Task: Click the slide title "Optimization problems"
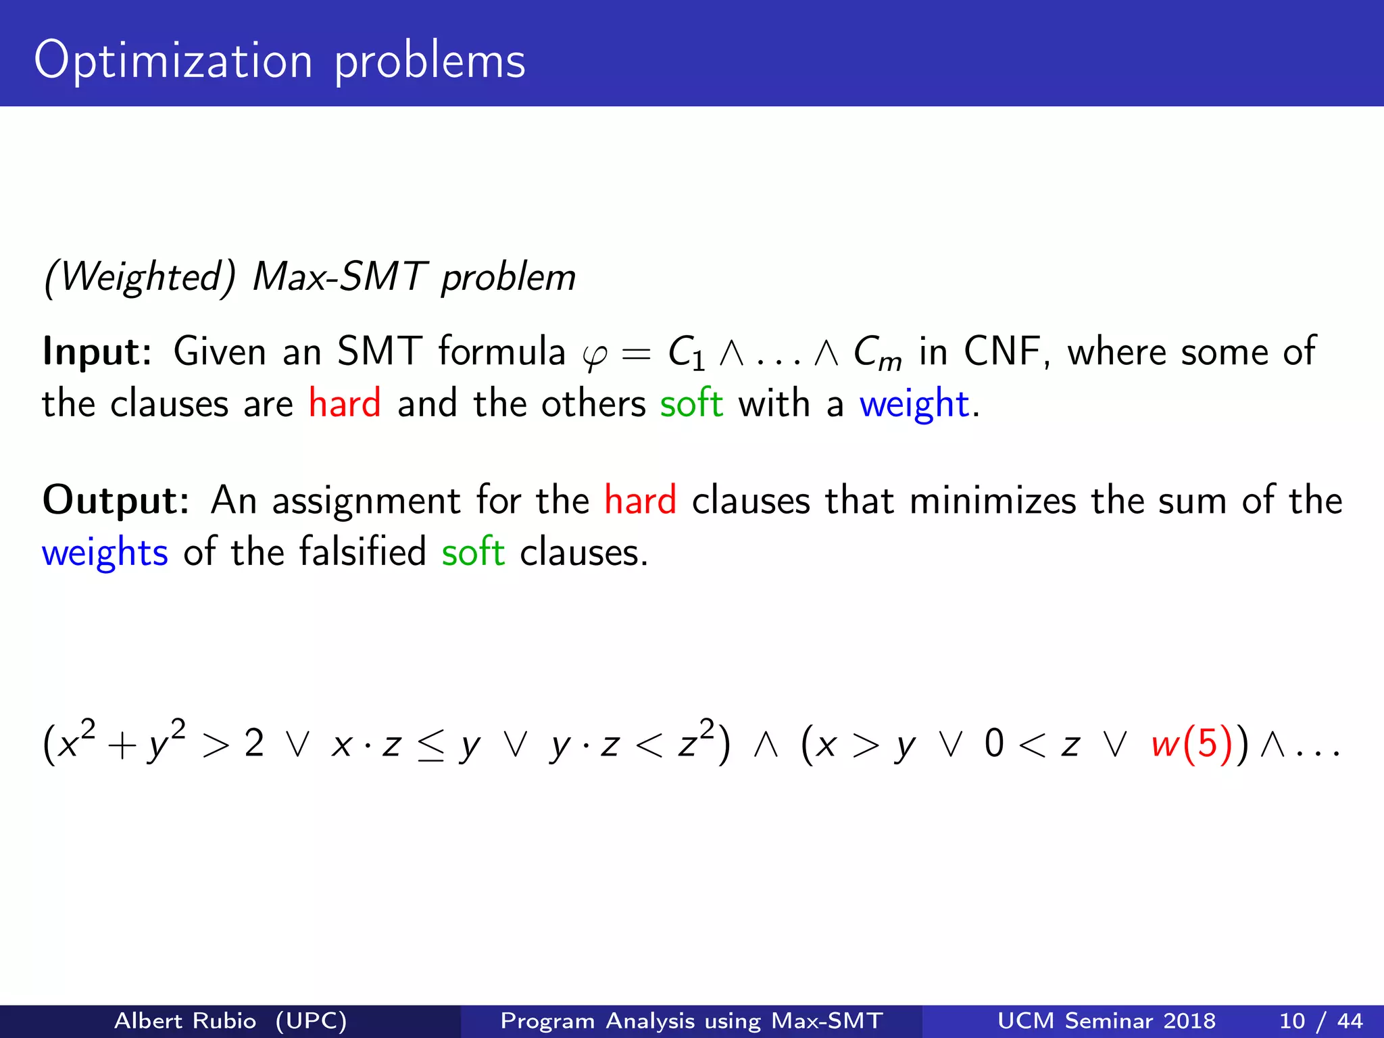[279, 60]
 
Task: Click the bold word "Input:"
[97, 351]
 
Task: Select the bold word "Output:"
[116, 501]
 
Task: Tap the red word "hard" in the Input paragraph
[345, 403]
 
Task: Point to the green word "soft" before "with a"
[691, 403]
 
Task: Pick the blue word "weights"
[105, 553]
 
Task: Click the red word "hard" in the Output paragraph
[640, 501]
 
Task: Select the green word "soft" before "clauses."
[473, 552]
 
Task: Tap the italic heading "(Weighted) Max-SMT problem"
[310, 277]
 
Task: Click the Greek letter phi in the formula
[595, 355]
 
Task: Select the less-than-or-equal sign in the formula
[430, 746]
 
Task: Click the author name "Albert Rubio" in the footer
[185, 1020]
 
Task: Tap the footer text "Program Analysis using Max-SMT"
[691, 1020]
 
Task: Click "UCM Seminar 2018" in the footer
[1106, 1020]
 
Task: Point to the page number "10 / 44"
[1320, 1020]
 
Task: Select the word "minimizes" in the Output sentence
[993, 501]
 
